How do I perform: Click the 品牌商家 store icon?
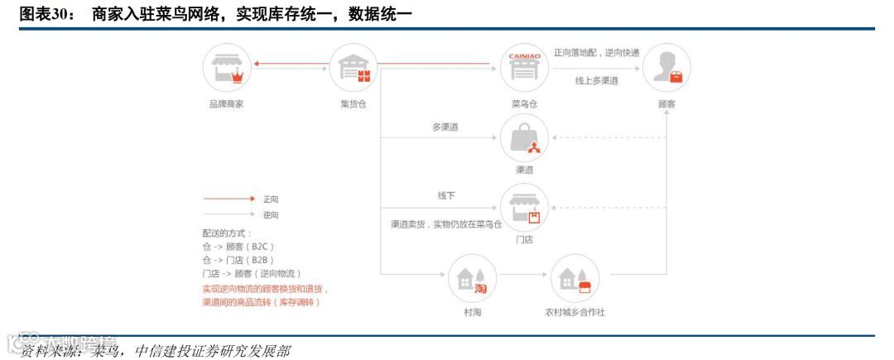227,67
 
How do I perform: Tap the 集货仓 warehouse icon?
353,67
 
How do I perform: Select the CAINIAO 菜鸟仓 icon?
524,67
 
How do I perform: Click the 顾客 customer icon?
666,67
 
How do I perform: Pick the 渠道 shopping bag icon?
524,137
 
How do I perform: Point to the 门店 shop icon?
524,207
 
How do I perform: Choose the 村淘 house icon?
472,279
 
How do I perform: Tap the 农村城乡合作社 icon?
574,279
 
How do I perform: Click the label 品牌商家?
226,104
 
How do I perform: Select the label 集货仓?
353,104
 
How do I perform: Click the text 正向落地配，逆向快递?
596,52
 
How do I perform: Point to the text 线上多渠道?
597,80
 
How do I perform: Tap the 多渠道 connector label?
445,127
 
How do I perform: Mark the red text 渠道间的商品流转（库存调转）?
261,302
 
